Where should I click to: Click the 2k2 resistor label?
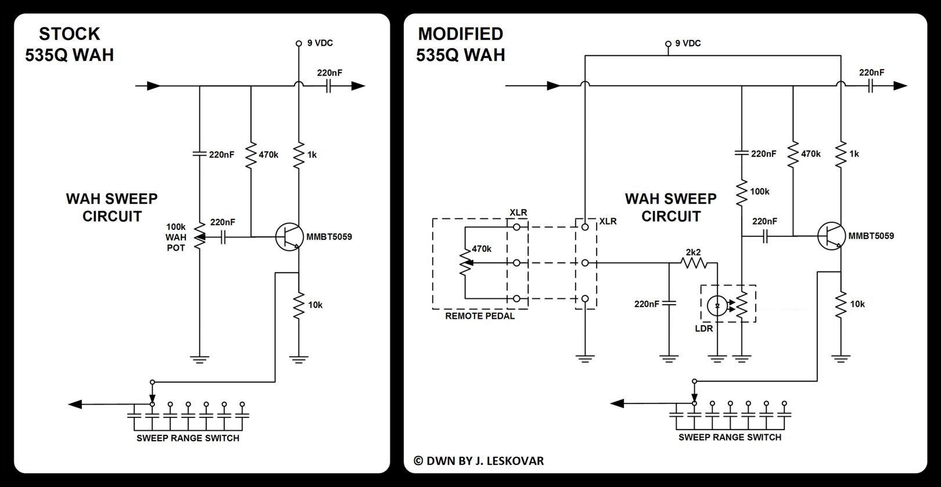(694, 252)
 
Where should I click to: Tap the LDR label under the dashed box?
(704, 329)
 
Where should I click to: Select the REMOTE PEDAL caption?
(480, 316)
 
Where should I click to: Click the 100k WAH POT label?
(176, 237)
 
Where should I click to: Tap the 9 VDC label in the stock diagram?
(320, 43)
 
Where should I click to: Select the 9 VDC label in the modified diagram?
(688, 44)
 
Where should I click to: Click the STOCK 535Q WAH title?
(69, 44)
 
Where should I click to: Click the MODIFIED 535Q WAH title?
(461, 44)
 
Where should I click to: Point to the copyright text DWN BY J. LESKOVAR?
(479, 461)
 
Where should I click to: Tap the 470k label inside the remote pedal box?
(482, 248)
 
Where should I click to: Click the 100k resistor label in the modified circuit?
(760, 191)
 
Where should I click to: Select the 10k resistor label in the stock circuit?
(315, 305)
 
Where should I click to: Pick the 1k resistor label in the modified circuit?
(854, 154)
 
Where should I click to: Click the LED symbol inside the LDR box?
(718, 305)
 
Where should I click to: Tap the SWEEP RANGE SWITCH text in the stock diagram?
(188, 438)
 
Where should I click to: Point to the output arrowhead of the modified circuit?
(900, 86)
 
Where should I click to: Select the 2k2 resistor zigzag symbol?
(694, 263)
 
